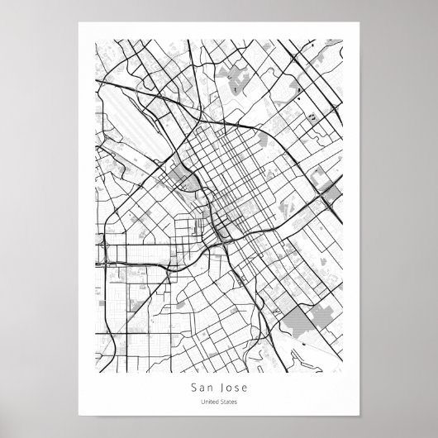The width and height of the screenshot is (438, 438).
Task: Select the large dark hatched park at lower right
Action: pos(318,319)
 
